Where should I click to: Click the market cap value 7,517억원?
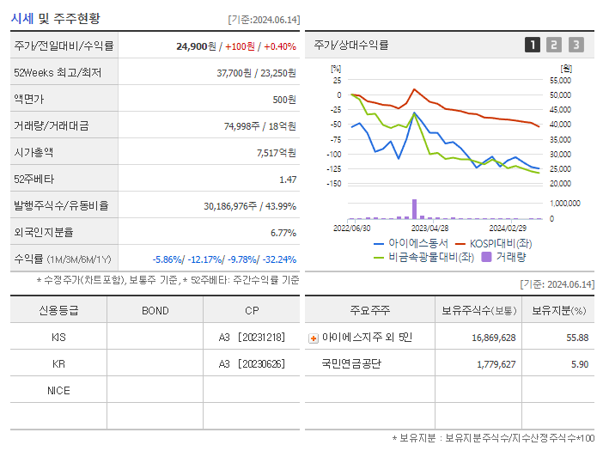pyautogui.click(x=276, y=153)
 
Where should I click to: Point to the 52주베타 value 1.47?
pyautogui.click(x=287, y=180)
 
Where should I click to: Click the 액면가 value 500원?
pyautogui.click(x=283, y=100)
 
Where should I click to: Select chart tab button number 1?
pyautogui.click(x=533, y=46)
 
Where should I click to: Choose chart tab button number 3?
pyautogui.click(x=576, y=46)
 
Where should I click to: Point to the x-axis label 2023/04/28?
pyautogui.click(x=429, y=229)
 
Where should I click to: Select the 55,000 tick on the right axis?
pyautogui.click(x=559, y=80)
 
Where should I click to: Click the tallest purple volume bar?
pyautogui.click(x=414, y=209)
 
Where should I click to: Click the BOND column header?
pyautogui.click(x=155, y=311)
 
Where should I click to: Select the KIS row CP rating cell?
pyautogui.click(x=251, y=338)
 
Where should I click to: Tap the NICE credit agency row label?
pyautogui.click(x=58, y=391)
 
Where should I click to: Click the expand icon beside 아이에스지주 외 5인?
pyautogui.click(x=314, y=338)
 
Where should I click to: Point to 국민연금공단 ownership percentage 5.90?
pyautogui.click(x=579, y=364)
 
